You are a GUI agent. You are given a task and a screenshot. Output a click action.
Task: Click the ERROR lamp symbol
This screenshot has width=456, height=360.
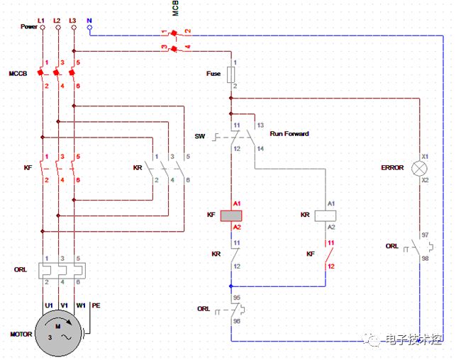419,169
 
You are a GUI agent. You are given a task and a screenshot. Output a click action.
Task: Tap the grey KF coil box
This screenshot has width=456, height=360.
231,216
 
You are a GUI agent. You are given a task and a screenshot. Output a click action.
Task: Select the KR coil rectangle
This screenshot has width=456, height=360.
326,216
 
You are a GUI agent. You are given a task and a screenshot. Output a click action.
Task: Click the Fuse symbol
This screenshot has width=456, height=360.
231,74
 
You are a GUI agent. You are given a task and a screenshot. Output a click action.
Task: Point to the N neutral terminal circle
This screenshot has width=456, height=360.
89,28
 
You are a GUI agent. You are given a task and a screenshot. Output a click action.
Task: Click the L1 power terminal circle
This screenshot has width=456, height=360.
43,28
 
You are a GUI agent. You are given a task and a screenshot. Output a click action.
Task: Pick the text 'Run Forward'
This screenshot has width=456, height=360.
289,134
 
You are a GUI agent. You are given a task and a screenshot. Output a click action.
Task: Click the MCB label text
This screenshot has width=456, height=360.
175,8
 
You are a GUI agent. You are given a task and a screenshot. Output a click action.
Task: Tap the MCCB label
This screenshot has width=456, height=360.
18,74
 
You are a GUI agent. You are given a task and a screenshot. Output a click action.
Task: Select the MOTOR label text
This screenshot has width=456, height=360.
21,334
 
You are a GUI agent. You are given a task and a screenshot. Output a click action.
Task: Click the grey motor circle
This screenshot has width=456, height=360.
58,333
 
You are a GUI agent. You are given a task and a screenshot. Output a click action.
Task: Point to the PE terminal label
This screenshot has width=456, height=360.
96,305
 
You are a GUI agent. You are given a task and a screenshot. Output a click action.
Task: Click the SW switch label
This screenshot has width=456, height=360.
200,136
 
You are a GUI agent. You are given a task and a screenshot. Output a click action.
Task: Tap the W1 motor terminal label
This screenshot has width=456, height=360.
81,305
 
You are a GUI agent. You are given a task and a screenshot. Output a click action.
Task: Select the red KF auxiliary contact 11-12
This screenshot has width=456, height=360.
328,255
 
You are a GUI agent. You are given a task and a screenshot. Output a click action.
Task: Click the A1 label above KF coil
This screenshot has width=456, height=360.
237,203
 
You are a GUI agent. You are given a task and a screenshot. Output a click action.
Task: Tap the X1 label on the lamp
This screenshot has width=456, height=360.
426,157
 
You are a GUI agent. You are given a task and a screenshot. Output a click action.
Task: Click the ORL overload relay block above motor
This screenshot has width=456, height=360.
62,271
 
